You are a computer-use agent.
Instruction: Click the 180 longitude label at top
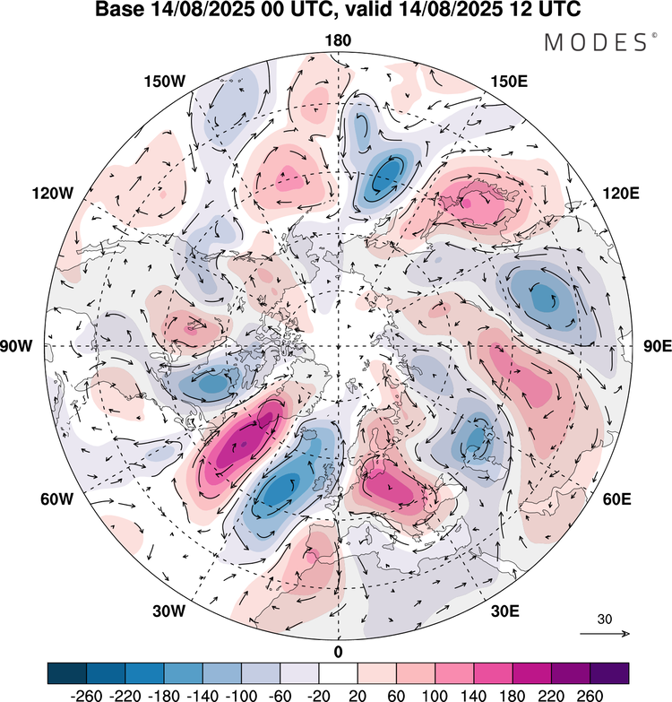[338, 40]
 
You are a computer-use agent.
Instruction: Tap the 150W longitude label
[164, 82]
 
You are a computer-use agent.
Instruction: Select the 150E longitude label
[510, 82]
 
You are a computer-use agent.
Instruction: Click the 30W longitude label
[168, 611]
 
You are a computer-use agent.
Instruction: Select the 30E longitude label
[506, 611]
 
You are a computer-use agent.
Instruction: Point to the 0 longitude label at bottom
[338, 651]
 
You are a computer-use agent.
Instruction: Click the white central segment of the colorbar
[338, 672]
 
